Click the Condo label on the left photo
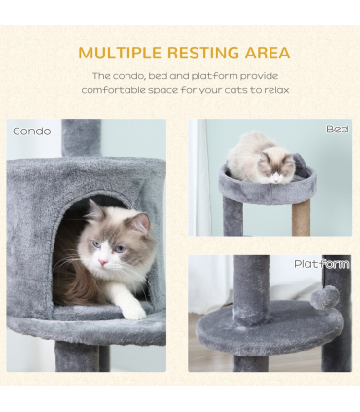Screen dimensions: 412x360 31,131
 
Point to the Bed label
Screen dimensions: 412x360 337,129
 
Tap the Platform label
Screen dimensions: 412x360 321,264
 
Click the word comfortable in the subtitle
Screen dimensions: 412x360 122,90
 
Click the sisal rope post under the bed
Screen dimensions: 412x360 302,210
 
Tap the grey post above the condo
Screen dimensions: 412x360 82,137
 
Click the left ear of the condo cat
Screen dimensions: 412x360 94,210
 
